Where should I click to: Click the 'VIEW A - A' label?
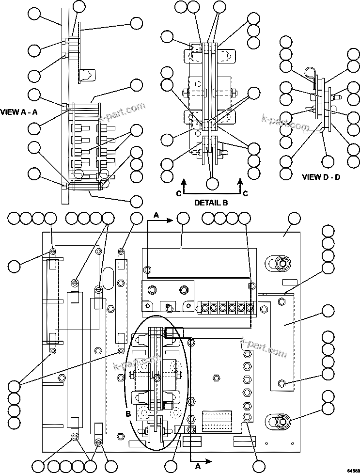(x=19, y=112)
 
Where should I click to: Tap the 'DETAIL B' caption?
(x=211, y=203)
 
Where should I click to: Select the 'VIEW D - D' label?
(x=321, y=177)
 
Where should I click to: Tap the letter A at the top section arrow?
(x=156, y=214)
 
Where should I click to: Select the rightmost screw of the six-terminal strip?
(x=250, y=308)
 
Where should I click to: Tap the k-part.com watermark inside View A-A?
(x=122, y=112)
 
